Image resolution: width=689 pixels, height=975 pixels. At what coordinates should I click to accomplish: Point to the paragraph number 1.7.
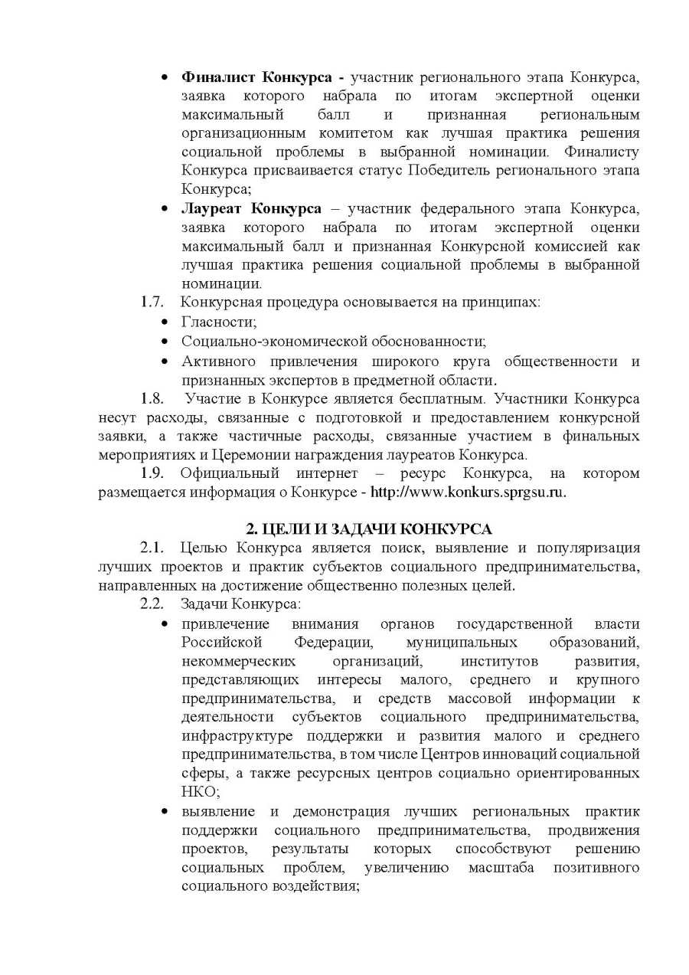click(152, 302)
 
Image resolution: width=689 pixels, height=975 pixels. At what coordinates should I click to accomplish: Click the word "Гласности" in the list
click(217, 322)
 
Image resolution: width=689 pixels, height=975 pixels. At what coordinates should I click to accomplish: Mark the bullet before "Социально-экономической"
click(165, 342)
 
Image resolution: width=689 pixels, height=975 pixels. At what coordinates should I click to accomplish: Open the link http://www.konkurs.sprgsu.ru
click(469, 492)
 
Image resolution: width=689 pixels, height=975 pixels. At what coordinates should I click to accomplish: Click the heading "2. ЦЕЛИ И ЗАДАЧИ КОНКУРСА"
click(369, 529)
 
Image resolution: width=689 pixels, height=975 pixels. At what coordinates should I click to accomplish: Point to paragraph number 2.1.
click(152, 548)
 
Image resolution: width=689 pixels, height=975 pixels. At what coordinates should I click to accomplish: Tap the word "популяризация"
click(589, 548)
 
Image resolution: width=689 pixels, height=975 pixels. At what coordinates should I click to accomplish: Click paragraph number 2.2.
click(152, 604)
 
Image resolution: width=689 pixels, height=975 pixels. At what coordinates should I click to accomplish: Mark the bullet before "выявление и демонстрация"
click(165, 811)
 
